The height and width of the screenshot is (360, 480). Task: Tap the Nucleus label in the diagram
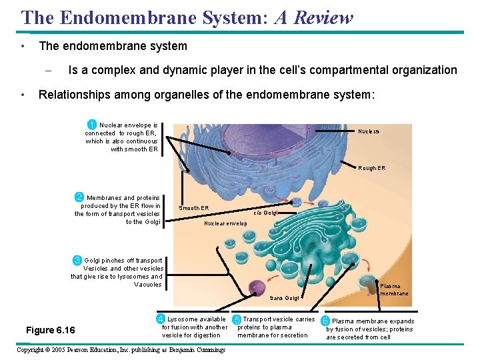pos(369,131)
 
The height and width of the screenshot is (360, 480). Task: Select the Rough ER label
pos(371,168)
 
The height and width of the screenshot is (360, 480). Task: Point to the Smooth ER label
pos(193,208)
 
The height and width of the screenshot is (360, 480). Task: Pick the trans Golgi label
pos(284,298)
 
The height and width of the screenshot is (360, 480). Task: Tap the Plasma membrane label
pos(394,289)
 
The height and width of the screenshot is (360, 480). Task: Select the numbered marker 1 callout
pos(92,124)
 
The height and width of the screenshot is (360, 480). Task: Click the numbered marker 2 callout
pos(79,197)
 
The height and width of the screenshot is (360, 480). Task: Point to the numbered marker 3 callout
pos(77,259)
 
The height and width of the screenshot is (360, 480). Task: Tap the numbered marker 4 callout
pos(161,319)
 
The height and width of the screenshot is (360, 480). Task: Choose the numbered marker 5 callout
pos(237,319)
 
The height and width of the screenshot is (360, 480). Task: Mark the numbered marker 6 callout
pos(325,320)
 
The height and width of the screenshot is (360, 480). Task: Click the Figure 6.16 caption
pos(50,331)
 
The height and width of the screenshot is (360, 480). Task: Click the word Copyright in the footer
pos(34,349)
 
